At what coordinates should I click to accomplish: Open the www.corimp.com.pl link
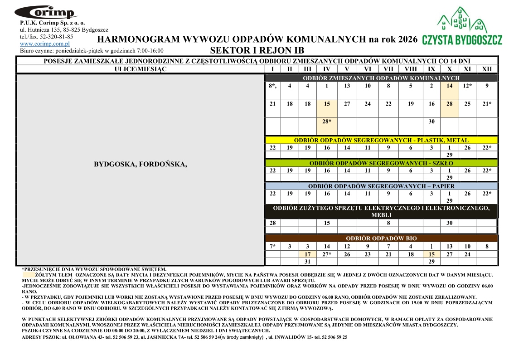44,44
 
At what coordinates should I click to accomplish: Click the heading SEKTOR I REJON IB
257,50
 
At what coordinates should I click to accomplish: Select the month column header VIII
411,69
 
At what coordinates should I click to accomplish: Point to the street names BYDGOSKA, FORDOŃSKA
141,164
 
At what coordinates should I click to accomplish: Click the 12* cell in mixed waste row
467,86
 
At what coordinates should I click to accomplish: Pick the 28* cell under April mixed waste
327,122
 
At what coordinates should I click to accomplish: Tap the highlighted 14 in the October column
449,86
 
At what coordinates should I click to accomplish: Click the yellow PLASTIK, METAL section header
381,140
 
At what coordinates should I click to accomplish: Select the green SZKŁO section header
381,163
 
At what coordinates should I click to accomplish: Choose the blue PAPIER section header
381,186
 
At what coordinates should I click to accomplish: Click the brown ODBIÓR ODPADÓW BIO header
381,238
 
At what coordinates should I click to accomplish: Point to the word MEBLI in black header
381,215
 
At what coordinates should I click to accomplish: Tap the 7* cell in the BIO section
272,246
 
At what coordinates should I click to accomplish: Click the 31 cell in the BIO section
307,262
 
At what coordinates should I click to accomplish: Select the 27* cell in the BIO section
327,254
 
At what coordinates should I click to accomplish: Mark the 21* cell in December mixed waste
487,104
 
